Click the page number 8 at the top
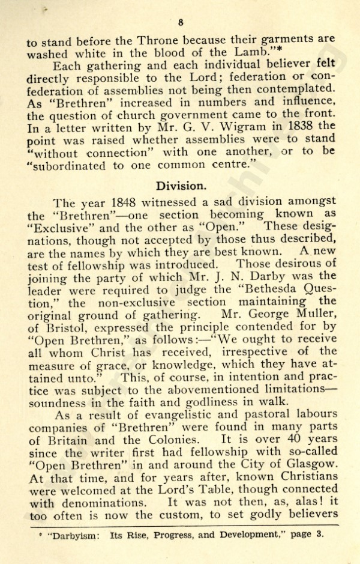pyautogui.click(x=180, y=23)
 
